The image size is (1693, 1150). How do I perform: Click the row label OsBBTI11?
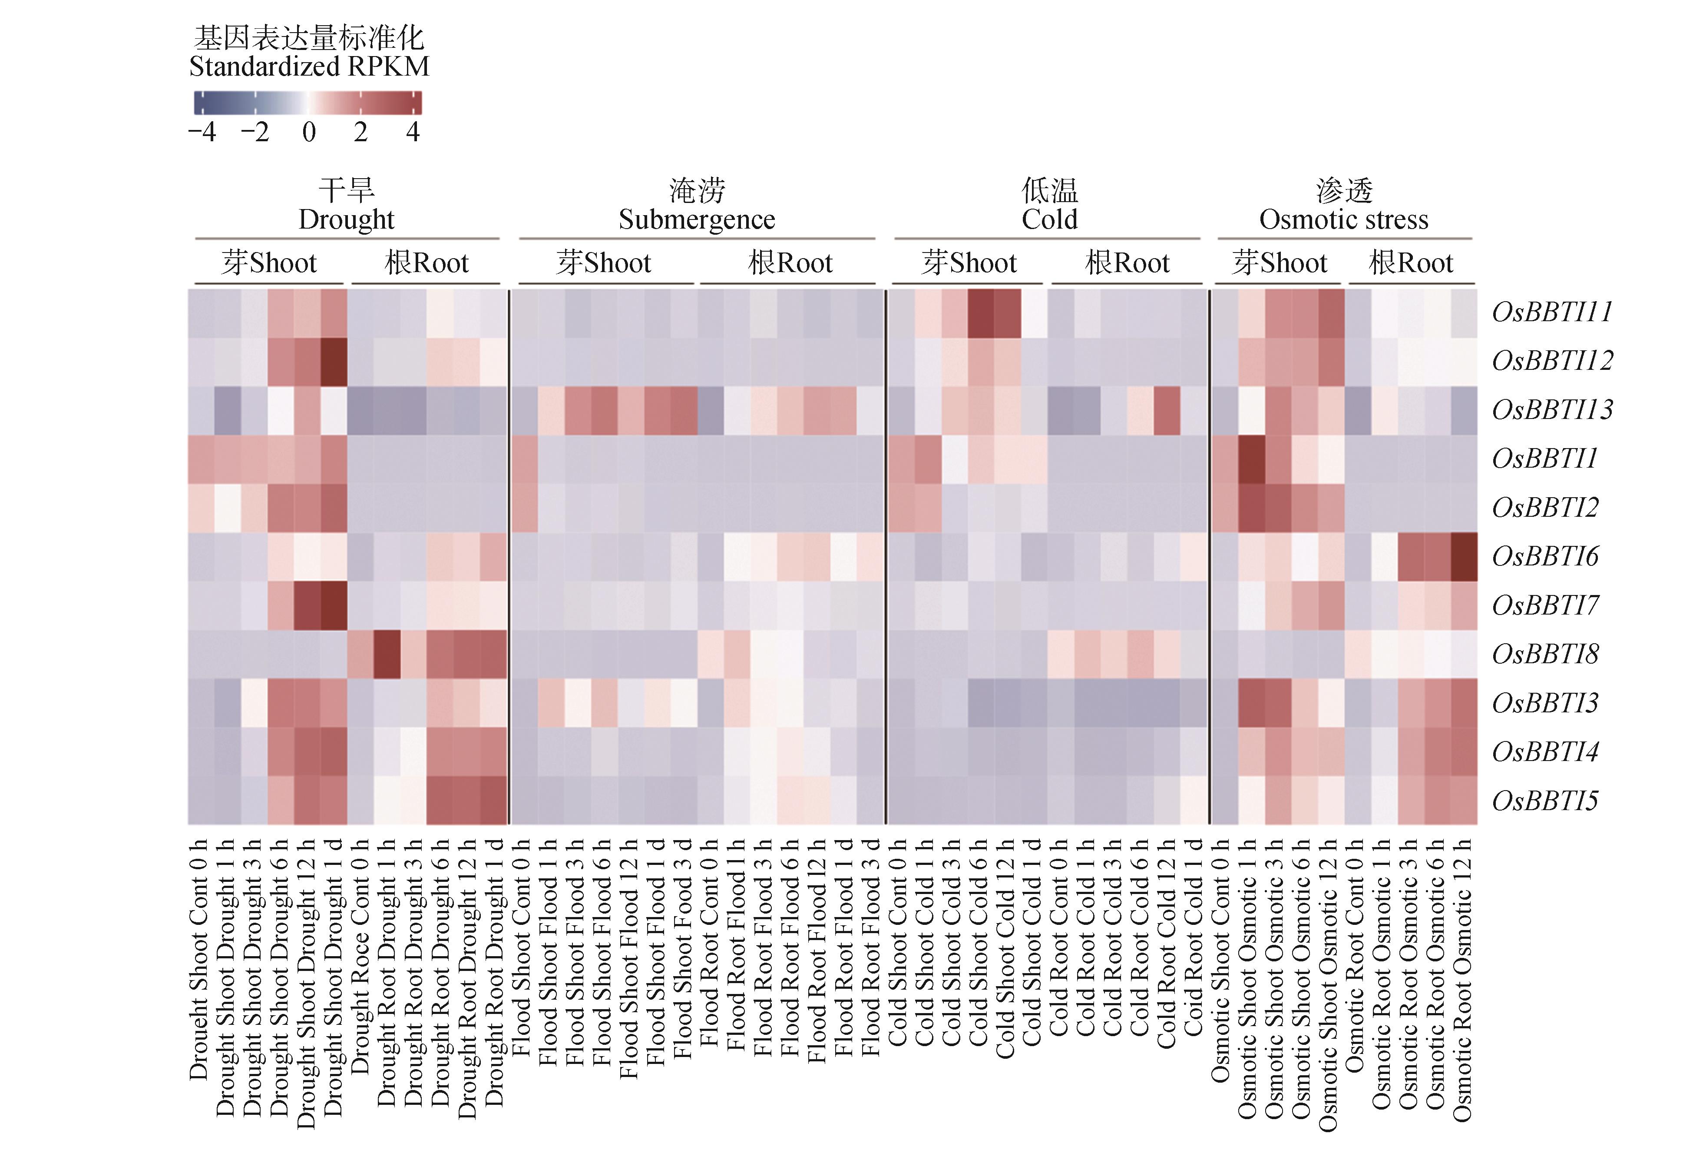[1552, 312]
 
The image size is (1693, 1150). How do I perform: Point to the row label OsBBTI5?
[1544, 801]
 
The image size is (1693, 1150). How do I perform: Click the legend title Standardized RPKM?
[309, 66]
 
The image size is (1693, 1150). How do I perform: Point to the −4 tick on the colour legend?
[202, 132]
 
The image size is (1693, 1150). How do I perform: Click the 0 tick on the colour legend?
[309, 132]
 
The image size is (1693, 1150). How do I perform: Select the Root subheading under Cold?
[1127, 263]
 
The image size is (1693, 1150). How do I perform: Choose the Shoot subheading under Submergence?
[604, 263]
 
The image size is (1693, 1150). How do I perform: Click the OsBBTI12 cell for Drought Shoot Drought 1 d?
[334, 362]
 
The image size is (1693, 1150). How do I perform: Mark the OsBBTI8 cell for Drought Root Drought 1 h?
[387, 655]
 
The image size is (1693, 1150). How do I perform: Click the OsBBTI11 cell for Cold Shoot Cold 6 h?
[981, 313]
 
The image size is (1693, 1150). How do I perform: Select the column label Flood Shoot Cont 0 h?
[522, 947]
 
